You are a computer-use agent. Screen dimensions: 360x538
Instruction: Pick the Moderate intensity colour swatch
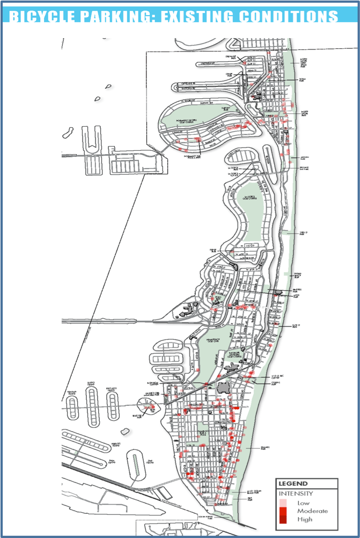click(x=283, y=511)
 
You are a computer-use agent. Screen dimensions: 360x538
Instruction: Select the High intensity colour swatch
click(x=283, y=519)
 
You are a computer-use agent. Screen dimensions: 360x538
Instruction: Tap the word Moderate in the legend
click(x=312, y=511)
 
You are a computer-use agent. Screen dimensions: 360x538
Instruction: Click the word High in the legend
click(x=305, y=519)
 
